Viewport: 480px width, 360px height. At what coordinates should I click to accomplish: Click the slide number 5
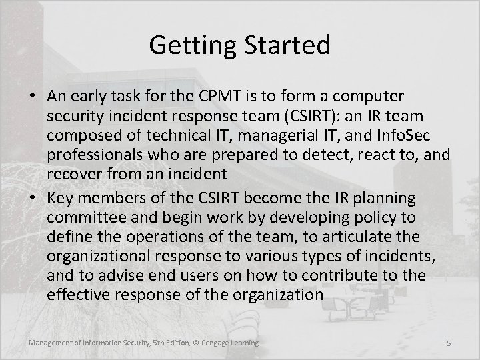(449, 343)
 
